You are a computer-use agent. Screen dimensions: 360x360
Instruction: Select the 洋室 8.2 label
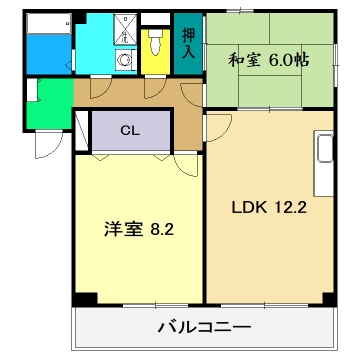click(141, 228)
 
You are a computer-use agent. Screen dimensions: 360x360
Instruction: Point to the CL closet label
click(131, 129)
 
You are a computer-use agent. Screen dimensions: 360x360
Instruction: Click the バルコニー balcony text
click(204, 327)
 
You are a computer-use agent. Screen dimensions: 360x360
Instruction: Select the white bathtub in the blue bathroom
click(45, 45)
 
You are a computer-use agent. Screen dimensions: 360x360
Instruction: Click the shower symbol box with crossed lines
click(127, 29)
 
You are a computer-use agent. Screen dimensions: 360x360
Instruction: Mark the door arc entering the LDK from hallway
click(214, 125)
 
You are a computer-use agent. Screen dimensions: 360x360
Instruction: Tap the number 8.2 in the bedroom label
click(162, 228)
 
